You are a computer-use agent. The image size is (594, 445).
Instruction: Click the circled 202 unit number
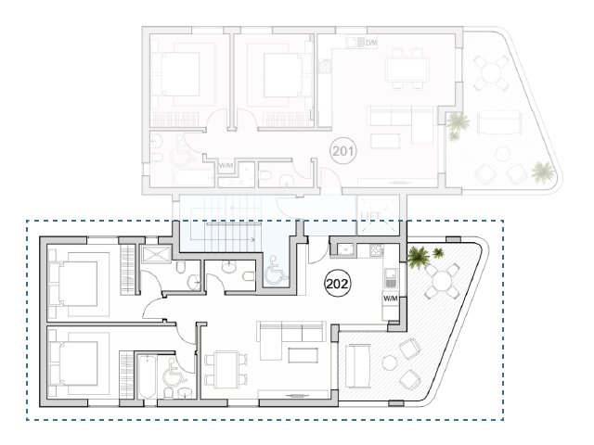point(337,285)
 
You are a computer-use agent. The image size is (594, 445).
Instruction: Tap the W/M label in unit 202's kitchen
point(391,299)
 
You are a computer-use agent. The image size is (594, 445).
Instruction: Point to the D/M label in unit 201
point(371,44)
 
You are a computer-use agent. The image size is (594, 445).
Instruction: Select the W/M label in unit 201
point(226,166)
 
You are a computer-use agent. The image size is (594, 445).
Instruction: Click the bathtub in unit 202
point(148,378)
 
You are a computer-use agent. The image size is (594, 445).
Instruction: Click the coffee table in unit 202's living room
point(303,355)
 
